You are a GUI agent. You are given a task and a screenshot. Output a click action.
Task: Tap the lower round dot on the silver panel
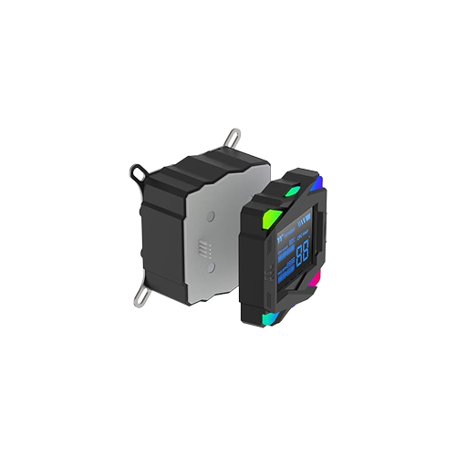(211, 271)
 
